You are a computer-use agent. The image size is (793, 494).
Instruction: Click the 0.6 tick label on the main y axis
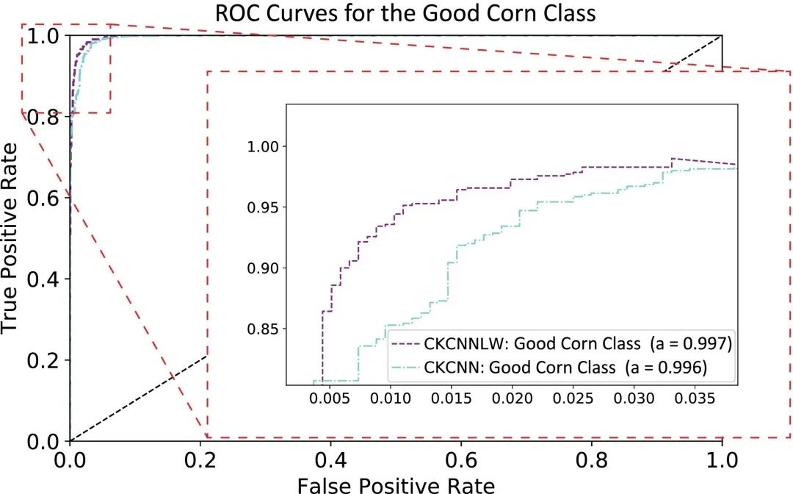tap(43, 197)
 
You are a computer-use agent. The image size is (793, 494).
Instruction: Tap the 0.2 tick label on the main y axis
tap(43, 360)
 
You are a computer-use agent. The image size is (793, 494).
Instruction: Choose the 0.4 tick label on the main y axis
tap(43, 279)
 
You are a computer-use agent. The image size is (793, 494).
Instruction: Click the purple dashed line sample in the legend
tap(406, 343)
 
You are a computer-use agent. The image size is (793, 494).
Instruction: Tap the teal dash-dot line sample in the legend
tap(406, 367)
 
